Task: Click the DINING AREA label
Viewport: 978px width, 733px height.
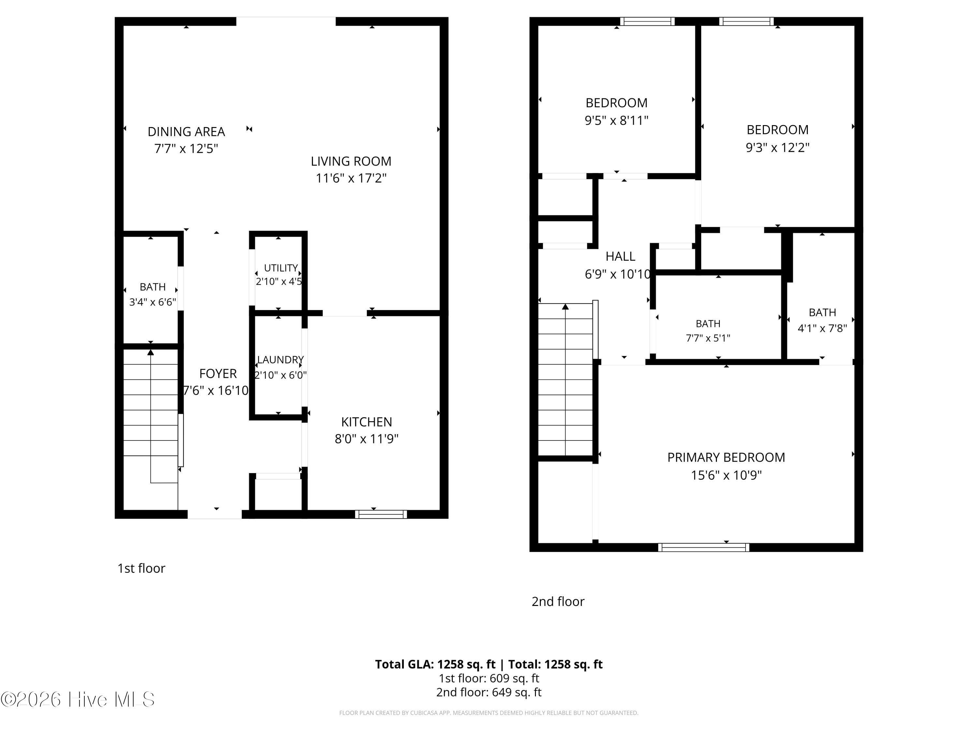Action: coord(186,132)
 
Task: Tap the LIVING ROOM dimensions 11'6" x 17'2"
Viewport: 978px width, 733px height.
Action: coord(351,178)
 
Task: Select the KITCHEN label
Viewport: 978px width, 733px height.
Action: coord(366,422)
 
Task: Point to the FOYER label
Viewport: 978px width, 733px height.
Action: coord(218,374)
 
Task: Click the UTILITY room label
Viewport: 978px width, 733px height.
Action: coord(281,268)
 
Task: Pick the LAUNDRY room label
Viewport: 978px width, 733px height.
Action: coord(281,360)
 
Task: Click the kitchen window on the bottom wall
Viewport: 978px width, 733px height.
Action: coord(381,514)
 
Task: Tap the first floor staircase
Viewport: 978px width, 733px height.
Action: coord(151,415)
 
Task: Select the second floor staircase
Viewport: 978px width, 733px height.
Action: coord(566,380)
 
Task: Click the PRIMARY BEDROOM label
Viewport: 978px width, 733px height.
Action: coord(726,457)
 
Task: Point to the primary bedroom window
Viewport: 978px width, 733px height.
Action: coord(704,547)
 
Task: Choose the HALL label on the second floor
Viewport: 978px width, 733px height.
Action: coord(620,256)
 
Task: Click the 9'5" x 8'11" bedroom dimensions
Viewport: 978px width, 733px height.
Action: coord(616,120)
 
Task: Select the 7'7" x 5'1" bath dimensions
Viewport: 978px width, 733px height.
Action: coord(708,338)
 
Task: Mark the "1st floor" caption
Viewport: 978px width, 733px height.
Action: coord(141,568)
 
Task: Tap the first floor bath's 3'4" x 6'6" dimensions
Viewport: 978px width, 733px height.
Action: coord(153,302)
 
